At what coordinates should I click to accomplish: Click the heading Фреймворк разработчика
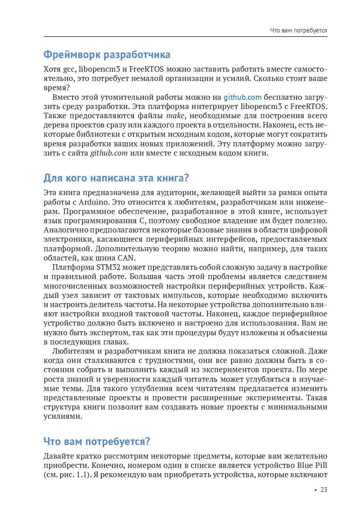point(107,55)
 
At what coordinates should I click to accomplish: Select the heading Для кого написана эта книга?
point(116,178)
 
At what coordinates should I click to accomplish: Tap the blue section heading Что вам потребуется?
point(97,442)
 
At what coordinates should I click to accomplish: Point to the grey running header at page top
point(298,30)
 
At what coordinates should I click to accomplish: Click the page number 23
point(324,490)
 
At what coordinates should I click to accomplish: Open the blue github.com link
point(242,97)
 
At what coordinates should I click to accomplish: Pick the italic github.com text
point(109,153)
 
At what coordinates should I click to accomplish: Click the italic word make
point(175,116)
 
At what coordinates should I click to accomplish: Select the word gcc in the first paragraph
point(69,69)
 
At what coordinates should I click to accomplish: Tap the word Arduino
point(94,202)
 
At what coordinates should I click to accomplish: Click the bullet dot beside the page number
point(316,490)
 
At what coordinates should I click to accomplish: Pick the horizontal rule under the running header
point(185,37)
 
